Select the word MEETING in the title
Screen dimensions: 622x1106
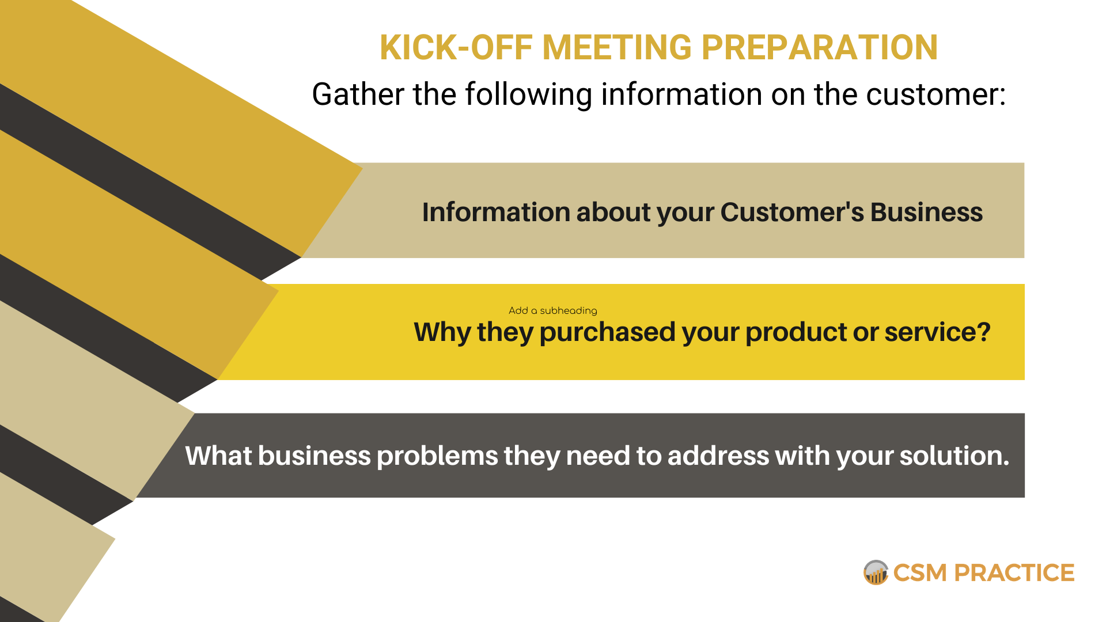(616, 47)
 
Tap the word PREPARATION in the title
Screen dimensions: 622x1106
(820, 47)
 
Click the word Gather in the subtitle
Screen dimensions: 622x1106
(358, 94)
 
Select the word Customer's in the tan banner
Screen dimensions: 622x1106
(792, 212)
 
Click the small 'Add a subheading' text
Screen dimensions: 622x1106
(553, 310)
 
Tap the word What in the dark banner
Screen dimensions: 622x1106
(218, 456)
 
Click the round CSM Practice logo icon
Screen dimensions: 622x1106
(876, 572)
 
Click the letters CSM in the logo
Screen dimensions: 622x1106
(920, 573)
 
